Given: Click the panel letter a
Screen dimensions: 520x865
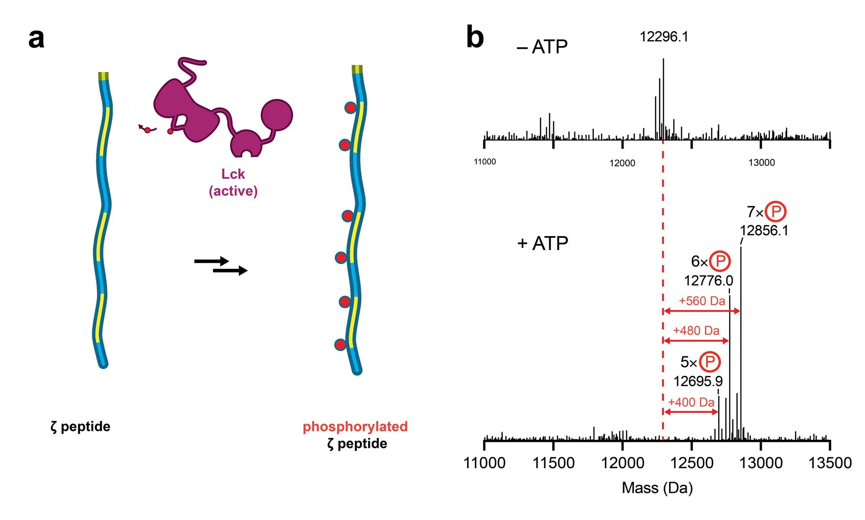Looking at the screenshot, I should coord(36,39).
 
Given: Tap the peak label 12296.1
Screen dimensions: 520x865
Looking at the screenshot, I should coord(664,36).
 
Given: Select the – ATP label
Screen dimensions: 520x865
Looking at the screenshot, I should coord(542,47).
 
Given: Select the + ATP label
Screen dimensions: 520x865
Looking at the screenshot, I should coord(542,243).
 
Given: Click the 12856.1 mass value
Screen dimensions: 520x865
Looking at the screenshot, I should coord(764,231).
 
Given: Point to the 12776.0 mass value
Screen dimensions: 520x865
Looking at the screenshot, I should coord(708,281).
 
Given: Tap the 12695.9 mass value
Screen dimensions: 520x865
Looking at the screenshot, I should coord(698,381).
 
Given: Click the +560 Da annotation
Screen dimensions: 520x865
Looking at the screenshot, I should coord(702,301).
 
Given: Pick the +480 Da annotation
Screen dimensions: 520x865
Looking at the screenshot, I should coord(696,331).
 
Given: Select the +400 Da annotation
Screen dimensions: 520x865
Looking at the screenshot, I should coord(691,402).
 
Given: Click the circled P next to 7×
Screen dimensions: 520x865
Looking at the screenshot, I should coord(775,211).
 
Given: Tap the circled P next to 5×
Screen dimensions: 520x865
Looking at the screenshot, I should coord(710,361).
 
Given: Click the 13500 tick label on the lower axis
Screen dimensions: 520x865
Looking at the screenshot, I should coord(830,463).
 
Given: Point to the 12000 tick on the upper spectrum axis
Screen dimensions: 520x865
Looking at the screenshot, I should coord(622,163).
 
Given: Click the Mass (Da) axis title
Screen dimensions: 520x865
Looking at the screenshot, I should coord(657,488).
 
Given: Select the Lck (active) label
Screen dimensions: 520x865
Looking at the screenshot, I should coord(233,182).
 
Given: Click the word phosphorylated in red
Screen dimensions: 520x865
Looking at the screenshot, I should coord(355,426).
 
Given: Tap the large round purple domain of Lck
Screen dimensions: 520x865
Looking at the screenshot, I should coord(277,115).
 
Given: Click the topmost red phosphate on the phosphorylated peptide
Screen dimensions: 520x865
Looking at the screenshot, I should coord(350,108).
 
